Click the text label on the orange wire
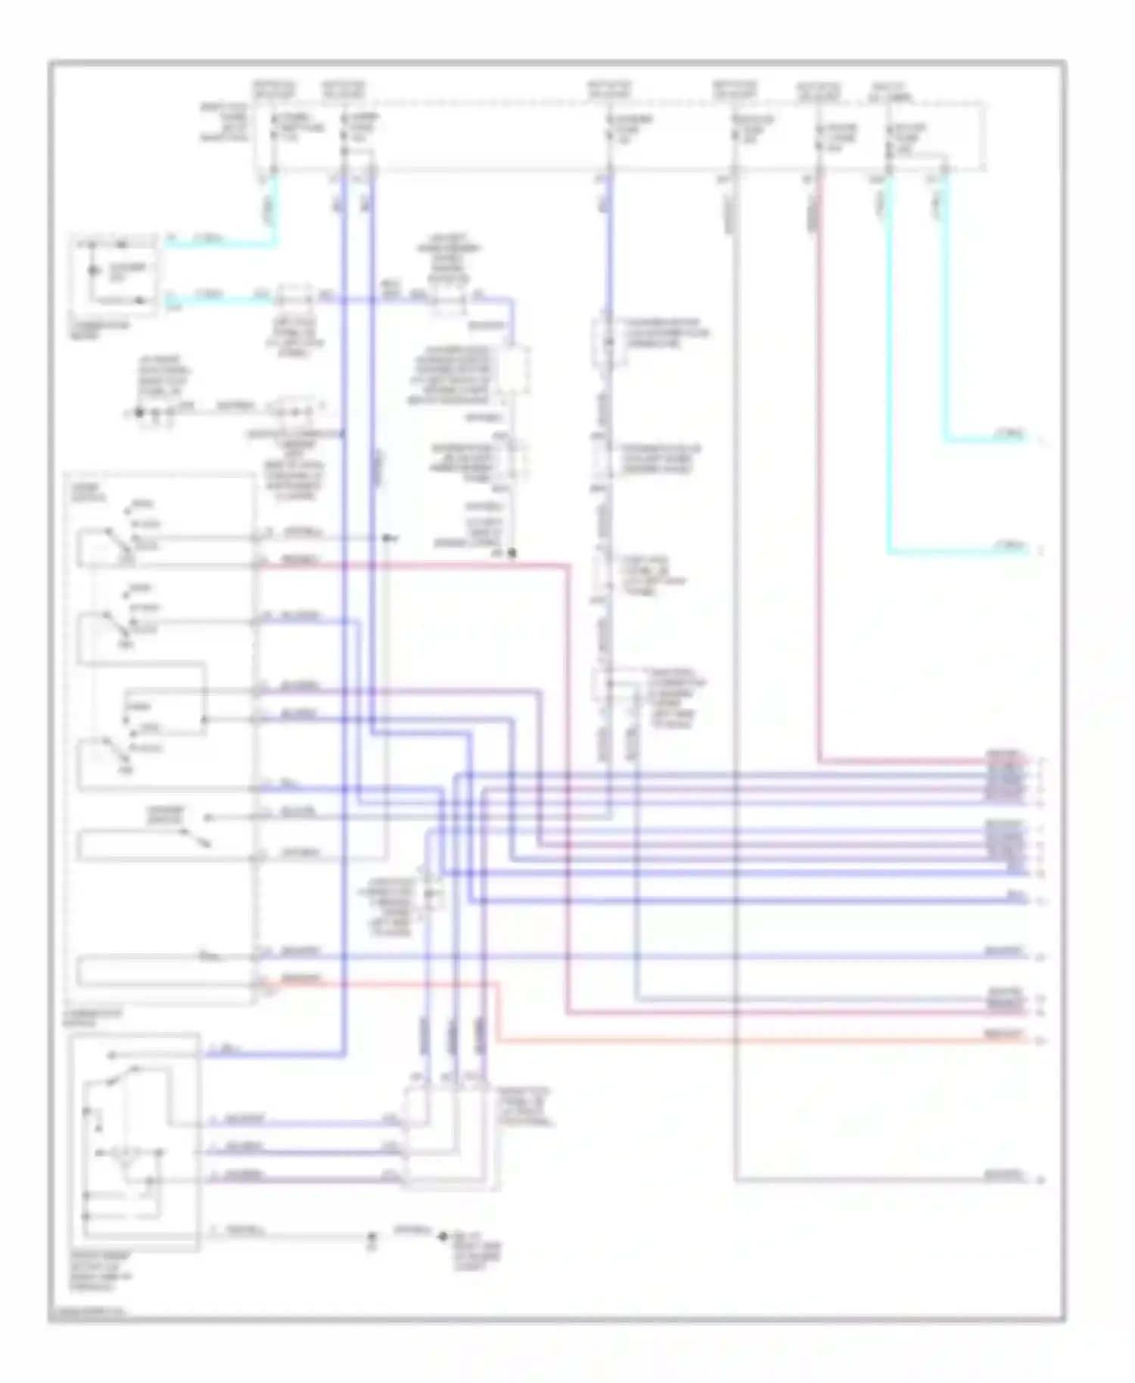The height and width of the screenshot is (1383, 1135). pos(1005,1033)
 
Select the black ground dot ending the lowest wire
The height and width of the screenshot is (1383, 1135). pos(443,1238)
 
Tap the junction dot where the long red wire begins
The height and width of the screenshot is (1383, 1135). pos(512,555)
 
